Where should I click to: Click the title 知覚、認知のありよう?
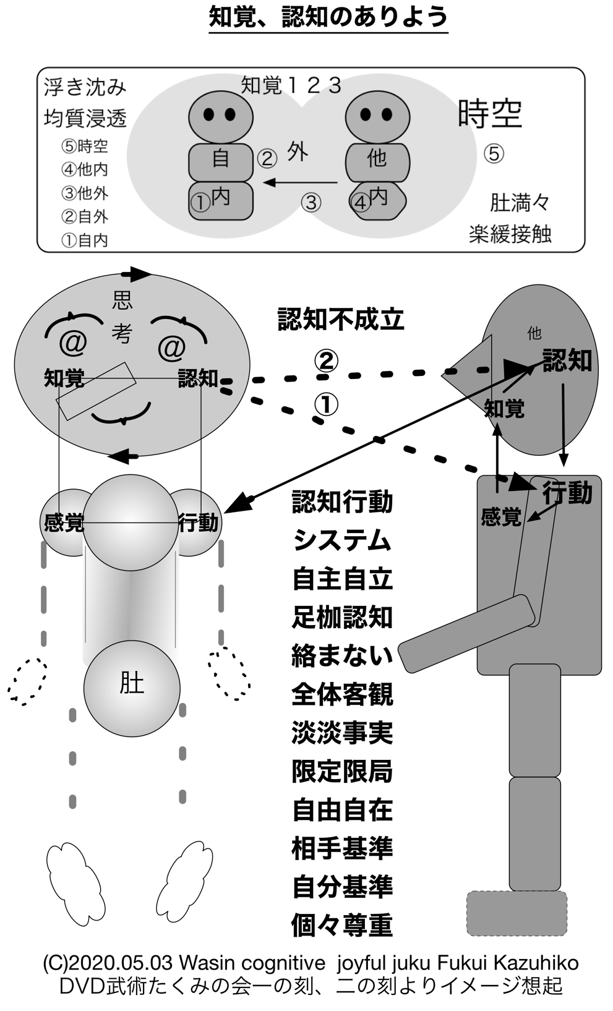(x=328, y=17)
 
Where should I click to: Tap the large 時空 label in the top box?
(x=490, y=114)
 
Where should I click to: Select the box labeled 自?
(x=221, y=160)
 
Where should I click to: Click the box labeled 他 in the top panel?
(x=377, y=160)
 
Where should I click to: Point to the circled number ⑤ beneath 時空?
(x=493, y=153)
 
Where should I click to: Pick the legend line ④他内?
(x=85, y=169)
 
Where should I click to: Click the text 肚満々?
(x=519, y=202)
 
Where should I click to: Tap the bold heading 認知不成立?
(x=341, y=319)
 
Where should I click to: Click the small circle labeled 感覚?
(x=62, y=523)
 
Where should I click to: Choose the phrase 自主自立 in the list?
(x=342, y=579)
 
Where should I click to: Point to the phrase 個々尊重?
(x=342, y=925)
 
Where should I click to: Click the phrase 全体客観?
(x=342, y=694)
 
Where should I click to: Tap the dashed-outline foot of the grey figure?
(x=517, y=913)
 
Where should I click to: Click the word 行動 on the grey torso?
(x=567, y=493)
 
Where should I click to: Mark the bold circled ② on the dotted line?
(x=326, y=360)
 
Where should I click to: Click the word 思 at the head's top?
(x=122, y=301)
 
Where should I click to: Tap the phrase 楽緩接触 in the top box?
(x=510, y=234)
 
